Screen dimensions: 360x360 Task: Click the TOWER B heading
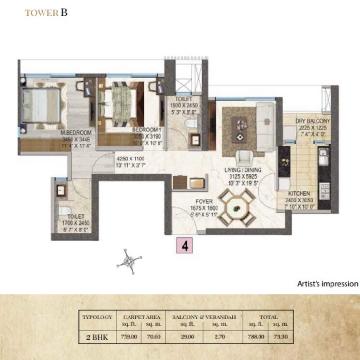(46, 13)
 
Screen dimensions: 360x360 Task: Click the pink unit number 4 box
(185, 245)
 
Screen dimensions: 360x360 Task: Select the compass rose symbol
(130, 261)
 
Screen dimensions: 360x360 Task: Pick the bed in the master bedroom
(42, 103)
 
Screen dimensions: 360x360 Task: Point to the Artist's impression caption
(328, 284)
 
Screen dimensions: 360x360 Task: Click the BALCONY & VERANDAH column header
(204, 317)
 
